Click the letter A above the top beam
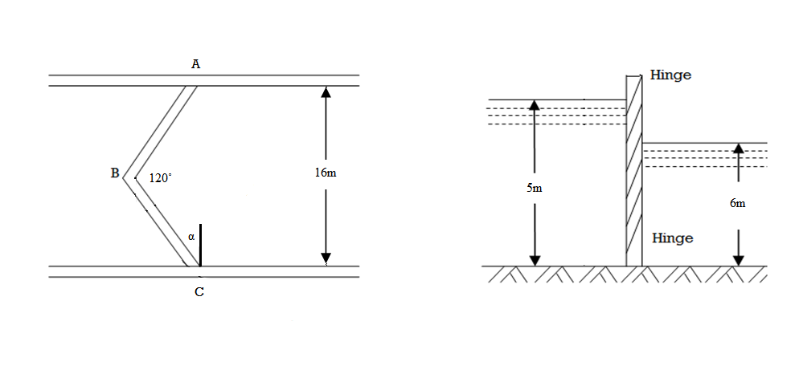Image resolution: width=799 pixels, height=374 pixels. [x=195, y=64]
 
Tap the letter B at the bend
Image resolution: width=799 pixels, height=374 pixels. [x=115, y=173]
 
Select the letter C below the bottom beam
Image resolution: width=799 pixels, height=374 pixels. [x=199, y=293]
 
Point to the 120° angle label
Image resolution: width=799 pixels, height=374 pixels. [x=161, y=178]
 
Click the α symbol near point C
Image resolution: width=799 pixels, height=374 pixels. [x=191, y=237]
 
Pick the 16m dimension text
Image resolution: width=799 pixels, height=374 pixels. [x=326, y=173]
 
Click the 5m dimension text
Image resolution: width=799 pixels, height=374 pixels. [x=534, y=189]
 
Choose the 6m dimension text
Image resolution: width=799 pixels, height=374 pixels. [x=737, y=204]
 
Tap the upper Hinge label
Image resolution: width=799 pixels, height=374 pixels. [x=670, y=75]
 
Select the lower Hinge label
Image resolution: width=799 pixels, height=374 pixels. [x=673, y=238]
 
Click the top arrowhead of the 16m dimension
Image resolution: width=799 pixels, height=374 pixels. [x=326, y=92]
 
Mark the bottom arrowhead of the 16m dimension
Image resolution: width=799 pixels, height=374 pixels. [x=326, y=259]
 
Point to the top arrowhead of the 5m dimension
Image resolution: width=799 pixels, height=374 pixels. [x=534, y=105]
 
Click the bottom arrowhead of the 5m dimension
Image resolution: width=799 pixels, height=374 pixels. [x=534, y=259]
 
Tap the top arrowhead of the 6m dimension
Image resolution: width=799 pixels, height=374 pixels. [x=738, y=148]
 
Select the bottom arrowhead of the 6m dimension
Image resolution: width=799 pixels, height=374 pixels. [x=738, y=259]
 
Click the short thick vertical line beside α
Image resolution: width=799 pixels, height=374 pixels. [x=200, y=246]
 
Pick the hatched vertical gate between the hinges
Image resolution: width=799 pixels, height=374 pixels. [x=634, y=170]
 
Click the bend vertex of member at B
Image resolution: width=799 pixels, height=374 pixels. [x=123, y=178]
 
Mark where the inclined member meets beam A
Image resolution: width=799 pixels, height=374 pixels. [x=191, y=86]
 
